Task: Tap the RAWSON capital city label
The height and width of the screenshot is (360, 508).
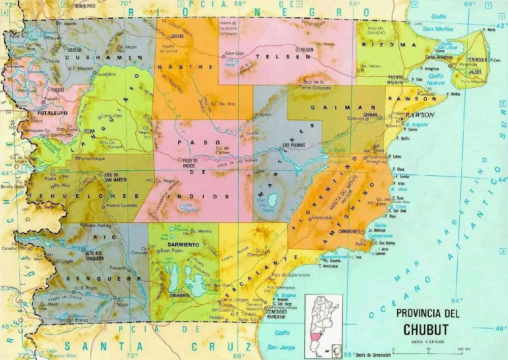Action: pyautogui.click(x=420, y=115)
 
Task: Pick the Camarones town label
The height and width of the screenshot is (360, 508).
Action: pyautogui.click(x=350, y=231)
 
